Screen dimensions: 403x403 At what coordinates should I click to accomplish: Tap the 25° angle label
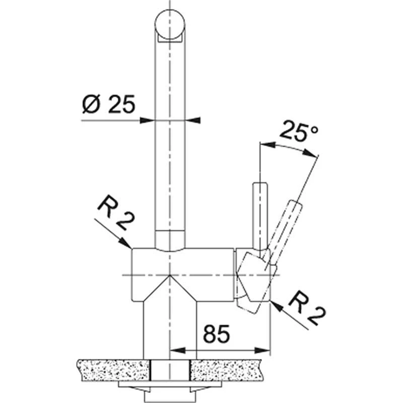[x=299, y=132]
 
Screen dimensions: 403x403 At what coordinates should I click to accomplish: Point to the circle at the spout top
[x=170, y=25]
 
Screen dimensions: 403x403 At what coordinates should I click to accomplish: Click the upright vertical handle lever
[x=258, y=214]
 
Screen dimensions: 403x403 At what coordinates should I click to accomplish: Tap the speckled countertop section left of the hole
[x=113, y=370]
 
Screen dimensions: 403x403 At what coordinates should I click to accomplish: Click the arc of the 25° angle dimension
[x=290, y=149]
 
